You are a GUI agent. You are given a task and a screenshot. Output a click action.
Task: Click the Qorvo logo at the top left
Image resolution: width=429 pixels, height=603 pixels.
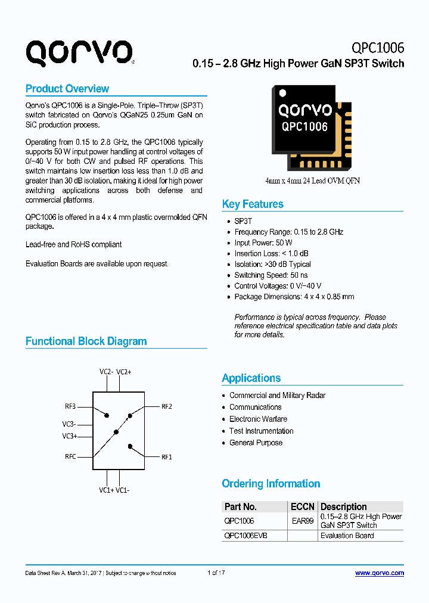tap(79, 53)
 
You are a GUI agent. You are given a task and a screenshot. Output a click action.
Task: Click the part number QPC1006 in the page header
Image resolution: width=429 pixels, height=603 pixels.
tap(378, 48)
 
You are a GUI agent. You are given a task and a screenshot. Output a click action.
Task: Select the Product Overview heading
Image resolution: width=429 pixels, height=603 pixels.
tap(67, 89)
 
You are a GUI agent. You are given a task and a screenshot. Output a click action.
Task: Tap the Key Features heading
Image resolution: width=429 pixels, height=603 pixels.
tap(253, 204)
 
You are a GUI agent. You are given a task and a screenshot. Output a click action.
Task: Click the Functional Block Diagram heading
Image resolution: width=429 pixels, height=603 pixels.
tap(86, 341)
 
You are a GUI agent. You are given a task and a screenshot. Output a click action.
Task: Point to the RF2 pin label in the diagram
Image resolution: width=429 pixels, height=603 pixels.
tap(167, 406)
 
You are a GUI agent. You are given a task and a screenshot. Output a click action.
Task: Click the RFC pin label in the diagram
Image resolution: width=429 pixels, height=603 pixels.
tap(70, 457)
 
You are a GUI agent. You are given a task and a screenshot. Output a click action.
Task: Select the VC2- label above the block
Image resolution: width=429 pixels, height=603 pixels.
tap(107, 372)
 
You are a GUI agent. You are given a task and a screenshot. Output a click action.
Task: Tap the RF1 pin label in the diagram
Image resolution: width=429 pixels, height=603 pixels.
tap(167, 457)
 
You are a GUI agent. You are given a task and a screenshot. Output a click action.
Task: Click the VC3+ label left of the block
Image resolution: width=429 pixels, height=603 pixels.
tap(70, 436)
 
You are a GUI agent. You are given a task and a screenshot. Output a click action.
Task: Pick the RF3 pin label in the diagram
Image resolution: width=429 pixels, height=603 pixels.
tap(70, 406)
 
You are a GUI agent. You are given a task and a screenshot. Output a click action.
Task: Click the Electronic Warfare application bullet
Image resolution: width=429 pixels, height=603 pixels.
tap(258, 419)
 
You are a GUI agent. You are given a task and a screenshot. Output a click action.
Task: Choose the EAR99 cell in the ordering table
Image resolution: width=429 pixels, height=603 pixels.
tap(303, 521)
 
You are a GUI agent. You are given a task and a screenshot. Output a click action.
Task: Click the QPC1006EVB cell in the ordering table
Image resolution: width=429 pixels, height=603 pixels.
tap(245, 536)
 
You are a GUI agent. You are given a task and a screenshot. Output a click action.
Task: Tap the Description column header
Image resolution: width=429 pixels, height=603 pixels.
tap(344, 506)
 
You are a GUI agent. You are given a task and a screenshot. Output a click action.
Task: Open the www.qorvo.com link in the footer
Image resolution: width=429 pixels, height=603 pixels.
tap(380, 573)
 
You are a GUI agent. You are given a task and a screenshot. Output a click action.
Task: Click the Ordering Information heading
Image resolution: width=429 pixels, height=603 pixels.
tap(271, 484)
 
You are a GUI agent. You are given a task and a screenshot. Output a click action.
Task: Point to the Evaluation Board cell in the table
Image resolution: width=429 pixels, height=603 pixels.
tap(347, 536)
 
